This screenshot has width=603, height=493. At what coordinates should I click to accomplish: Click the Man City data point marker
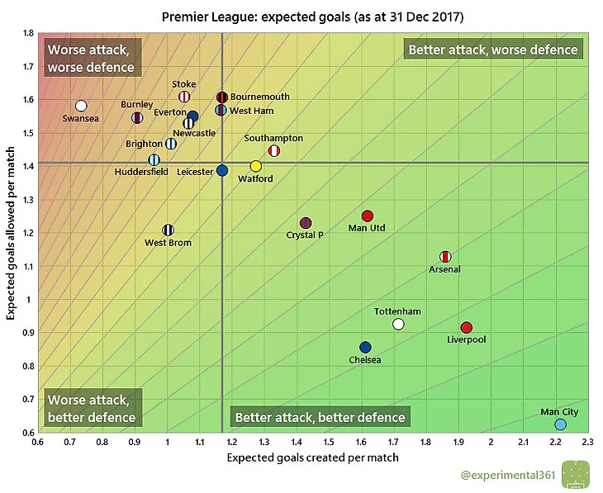(x=560, y=424)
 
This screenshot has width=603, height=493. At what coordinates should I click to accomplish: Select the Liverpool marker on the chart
(x=466, y=328)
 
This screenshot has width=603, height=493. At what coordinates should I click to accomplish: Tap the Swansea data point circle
(x=81, y=106)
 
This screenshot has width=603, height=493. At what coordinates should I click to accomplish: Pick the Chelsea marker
(x=365, y=347)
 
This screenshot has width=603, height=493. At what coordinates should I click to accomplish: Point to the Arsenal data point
(x=445, y=256)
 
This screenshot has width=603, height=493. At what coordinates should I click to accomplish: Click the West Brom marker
(x=169, y=230)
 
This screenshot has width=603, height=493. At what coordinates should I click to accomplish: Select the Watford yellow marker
(x=256, y=166)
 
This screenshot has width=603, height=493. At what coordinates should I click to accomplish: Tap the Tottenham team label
(x=397, y=311)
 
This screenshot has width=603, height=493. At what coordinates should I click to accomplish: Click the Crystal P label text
(x=305, y=235)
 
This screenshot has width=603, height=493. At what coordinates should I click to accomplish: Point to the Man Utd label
(x=367, y=228)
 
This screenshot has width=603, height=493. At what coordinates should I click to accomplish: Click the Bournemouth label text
(x=259, y=97)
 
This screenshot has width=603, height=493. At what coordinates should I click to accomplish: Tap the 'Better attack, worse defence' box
(x=493, y=50)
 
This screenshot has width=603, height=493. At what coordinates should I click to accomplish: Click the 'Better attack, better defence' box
(x=320, y=417)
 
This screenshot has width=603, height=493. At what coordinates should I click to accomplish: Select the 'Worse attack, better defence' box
(x=92, y=409)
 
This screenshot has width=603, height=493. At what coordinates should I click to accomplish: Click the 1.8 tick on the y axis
(x=28, y=34)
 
